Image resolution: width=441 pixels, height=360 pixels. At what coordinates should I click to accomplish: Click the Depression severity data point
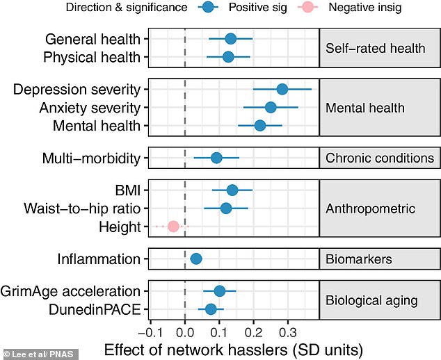pyautogui.click(x=282, y=89)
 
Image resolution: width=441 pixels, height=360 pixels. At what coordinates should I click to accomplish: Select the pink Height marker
pyautogui.click(x=173, y=226)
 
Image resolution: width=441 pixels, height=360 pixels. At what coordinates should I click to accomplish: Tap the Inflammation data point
pyautogui.click(x=196, y=259)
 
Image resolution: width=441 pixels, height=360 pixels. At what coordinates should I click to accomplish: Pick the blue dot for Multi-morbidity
pyautogui.click(x=216, y=158)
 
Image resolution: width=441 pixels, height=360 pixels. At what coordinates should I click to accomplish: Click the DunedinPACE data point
pyautogui.click(x=211, y=309)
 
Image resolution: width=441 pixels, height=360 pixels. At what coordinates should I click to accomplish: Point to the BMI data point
pyautogui.click(x=232, y=190)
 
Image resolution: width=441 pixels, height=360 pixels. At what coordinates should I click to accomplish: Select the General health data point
pyautogui.click(x=230, y=39)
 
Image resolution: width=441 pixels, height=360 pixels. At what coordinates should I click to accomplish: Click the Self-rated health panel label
pyautogui.click(x=375, y=48)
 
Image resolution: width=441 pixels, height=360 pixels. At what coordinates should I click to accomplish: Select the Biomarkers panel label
pyautogui.click(x=358, y=259)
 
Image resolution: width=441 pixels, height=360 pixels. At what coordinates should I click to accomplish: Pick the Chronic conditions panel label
pyautogui.click(x=380, y=158)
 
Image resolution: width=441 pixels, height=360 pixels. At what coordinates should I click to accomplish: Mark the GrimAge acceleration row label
pyautogui.click(x=72, y=291)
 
